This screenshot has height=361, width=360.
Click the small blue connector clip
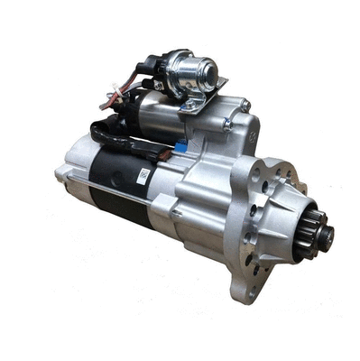click(x=180, y=144)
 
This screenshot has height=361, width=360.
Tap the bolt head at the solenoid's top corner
click(x=245, y=106)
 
